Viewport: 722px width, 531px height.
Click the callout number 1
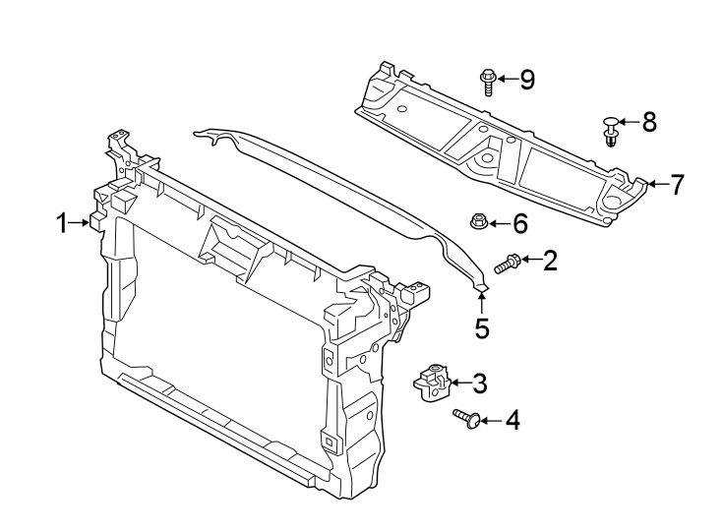[61, 223]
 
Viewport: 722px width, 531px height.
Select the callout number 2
[550, 260]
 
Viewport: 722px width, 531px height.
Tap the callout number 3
[479, 383]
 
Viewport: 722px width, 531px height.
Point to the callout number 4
[511, 421]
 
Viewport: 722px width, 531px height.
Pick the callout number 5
[482, 327]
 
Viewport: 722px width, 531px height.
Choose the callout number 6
[519, 224]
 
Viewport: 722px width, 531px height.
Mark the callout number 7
[676, 184]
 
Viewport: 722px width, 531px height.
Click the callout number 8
[648, 122]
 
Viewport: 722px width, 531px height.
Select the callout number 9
[527, 79]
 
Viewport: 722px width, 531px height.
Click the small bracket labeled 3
[433, 382]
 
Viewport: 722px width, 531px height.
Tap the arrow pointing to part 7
[654, 184]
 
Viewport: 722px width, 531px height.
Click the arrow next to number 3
[459, 383]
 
